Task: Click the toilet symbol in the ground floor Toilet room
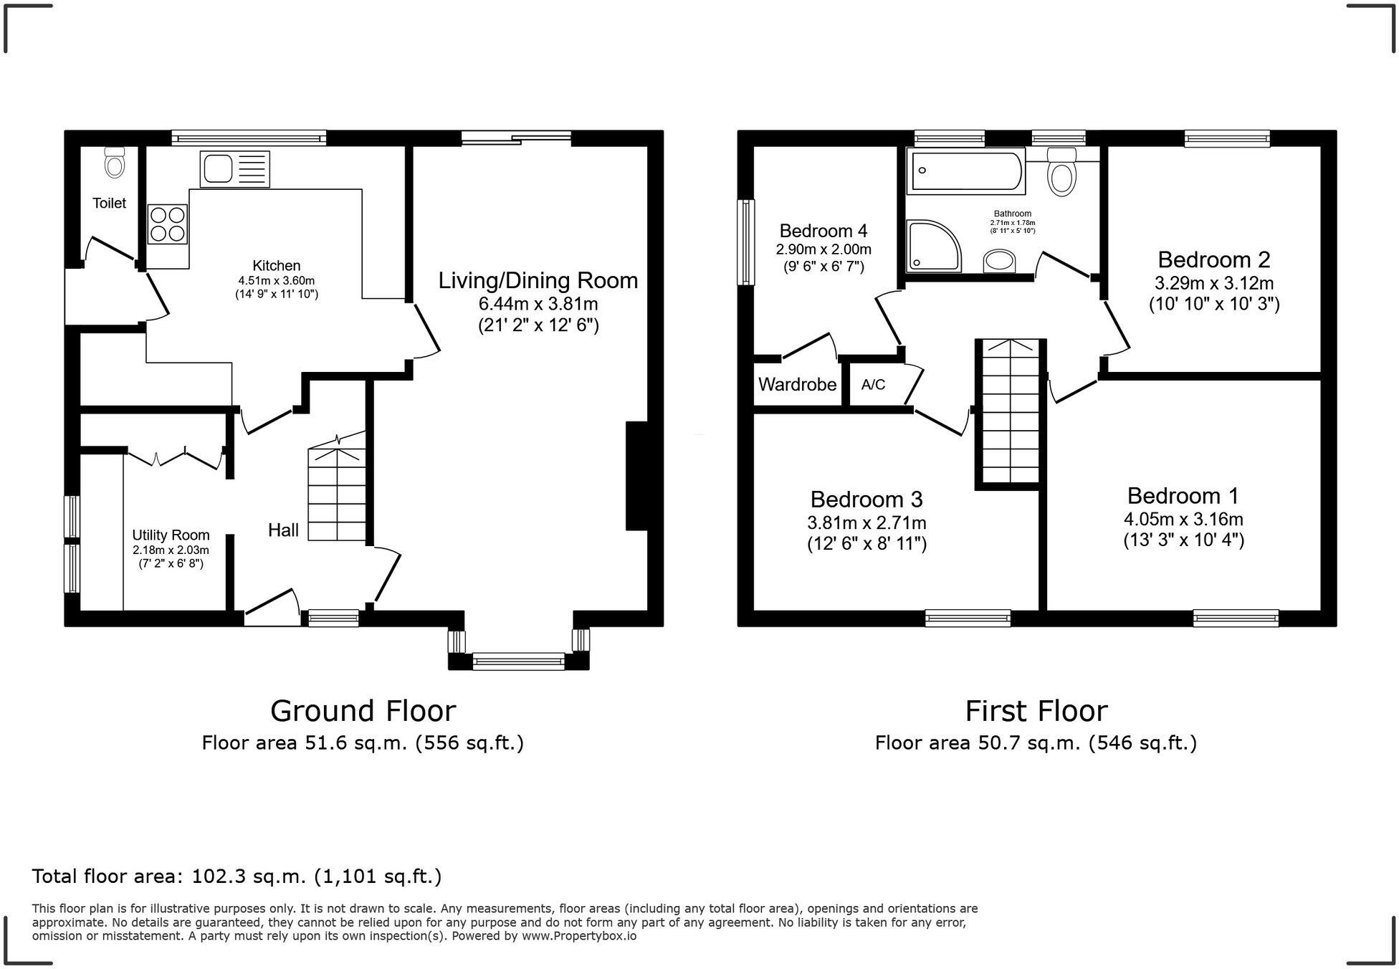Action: (114, 163)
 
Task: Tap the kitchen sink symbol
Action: (234, 169)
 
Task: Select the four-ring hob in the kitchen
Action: (167, 224)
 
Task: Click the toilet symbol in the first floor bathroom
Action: (1061, 172)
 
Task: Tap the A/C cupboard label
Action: (873, 385)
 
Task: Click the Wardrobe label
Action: (797, 385)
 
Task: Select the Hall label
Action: (283, 530)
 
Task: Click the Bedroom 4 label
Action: (823, 231)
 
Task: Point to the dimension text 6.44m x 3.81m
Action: (538, 303)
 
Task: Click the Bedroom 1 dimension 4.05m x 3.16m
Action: (1183, 519)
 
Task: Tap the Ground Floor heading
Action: (363, 711)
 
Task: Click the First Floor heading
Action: (1036, 711)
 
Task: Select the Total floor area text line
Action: (237, 876)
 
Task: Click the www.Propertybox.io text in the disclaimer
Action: (578, 936)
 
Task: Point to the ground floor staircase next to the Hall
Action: (337, 495)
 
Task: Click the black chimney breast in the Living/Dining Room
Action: (636, 476)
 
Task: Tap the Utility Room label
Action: (171, 535)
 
